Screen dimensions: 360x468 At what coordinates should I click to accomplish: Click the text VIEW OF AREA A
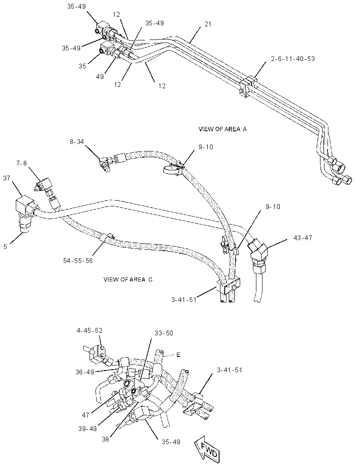(x=223, y=129)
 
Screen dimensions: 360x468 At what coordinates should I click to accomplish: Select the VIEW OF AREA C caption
(x=128, y=279)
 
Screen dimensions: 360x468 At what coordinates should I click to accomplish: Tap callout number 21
(x=208, y=24)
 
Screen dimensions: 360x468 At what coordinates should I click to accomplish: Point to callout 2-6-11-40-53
(x=293, y=58)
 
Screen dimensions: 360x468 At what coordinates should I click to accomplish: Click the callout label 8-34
(x=77, y=142)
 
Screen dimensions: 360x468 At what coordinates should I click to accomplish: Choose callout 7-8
(x=22, y=163)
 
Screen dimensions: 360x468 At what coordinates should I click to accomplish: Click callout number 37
(x=6, y=178)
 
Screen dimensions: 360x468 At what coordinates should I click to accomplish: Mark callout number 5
(x=5, y=247)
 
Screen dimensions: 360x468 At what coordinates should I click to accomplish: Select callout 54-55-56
(x=78, y=261)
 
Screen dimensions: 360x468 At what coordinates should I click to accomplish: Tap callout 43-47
(x=302, y=238)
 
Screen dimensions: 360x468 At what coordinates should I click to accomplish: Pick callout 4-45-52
(x=89, y=331)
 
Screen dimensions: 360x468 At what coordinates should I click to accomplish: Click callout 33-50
(x=164, y=333)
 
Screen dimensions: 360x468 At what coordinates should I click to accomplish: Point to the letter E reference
(x=178, y=355)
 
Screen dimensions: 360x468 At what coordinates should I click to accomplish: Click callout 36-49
(x=85, y=372)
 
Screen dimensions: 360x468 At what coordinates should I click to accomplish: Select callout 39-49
(x=87, y=428)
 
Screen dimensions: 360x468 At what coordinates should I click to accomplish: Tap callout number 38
(x=105, y=439)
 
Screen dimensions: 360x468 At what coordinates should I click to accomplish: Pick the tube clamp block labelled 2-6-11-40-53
(x=248, y=86)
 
